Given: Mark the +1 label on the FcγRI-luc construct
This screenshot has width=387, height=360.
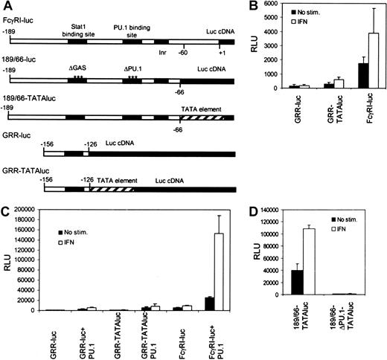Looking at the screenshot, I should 221,51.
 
